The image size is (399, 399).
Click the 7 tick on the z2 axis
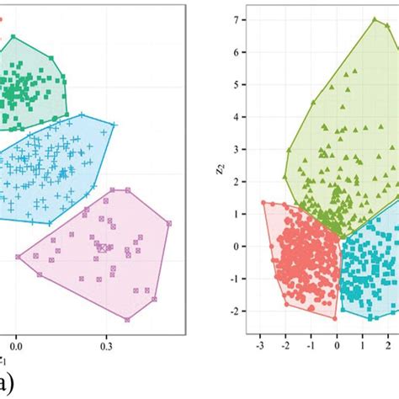[243, 19]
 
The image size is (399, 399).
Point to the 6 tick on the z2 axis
[243, 52]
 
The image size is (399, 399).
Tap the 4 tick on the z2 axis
[243, 117]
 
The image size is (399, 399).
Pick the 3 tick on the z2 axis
[243, 149]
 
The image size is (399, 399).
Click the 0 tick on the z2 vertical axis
[243, 247]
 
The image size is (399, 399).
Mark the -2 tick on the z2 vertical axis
[242, 311]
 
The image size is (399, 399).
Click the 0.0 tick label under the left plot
[15, 344]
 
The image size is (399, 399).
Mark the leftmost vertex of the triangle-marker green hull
[285, 178]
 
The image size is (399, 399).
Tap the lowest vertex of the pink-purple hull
[127, 319]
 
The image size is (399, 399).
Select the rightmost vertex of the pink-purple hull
[169, 223]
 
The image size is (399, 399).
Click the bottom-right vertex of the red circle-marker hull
[336, 318]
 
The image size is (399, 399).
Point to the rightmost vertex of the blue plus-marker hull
[114, 125]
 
